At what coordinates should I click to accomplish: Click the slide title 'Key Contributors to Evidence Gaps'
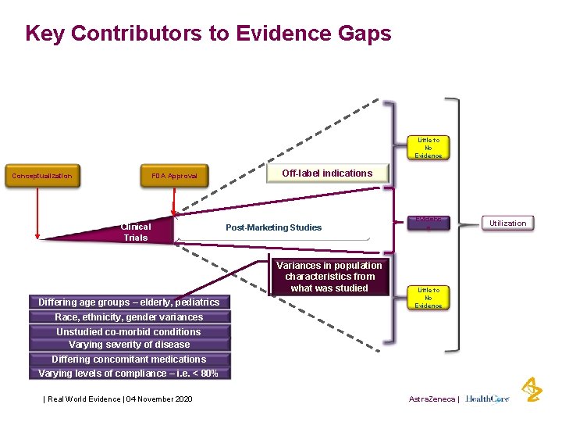click(x=208, y=34)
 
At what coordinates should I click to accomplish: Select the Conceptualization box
click(x=42, y=176)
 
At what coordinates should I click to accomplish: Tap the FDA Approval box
click(x=175, y=176)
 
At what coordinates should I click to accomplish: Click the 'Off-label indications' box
click(x=327, y=173)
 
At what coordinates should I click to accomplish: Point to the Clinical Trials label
click(x=136, y=232)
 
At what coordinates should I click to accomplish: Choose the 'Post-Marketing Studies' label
click(x=273, y=227)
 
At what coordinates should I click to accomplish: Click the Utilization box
click(x=507, y=224)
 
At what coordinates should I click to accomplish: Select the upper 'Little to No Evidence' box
click(x=428, y=148)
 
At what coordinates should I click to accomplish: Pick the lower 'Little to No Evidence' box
click(x=428, y=298)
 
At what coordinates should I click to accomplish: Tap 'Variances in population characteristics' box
click(x=329, y=277)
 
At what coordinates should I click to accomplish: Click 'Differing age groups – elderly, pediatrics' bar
click(x=130, y=302)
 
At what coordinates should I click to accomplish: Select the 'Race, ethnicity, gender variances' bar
click(x=130, y=317)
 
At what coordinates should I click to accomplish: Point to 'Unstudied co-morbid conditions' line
click(x=130, y=331)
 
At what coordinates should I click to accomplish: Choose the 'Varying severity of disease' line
click(x=130, y=345)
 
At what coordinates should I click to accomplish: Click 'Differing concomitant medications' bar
click(x=130, y=359)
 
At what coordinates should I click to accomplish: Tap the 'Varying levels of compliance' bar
click(x=130, y=374)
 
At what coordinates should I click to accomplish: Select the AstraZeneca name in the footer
click(x=432, y=399)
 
